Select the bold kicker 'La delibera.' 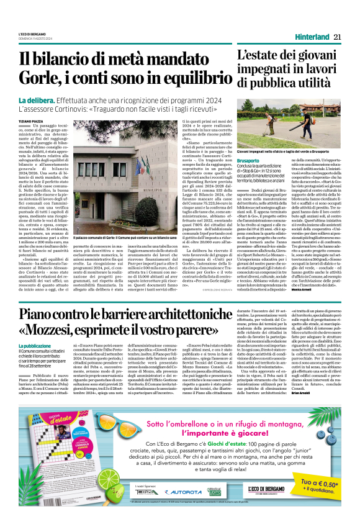point(53,101)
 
